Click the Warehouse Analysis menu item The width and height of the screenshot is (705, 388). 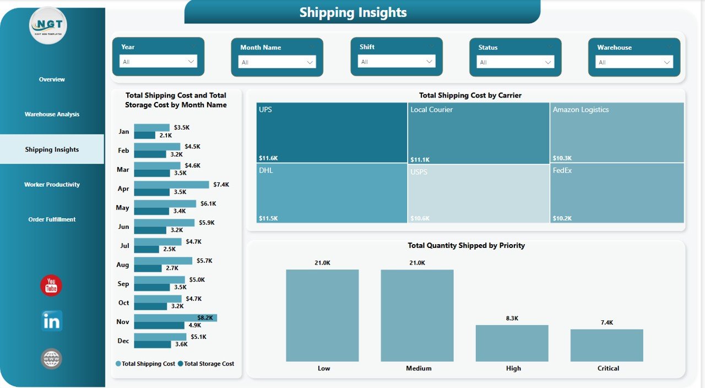click(52, 115)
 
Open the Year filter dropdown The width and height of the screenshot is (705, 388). click(158, 62)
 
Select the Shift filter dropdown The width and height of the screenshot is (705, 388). click(397, 62)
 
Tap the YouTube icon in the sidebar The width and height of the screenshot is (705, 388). click(51, 285)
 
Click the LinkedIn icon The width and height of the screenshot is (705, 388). click(52, 321)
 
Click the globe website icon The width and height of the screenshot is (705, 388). click(51, 359)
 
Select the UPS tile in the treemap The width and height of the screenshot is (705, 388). click(332, 132)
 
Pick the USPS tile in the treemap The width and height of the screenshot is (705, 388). click(479, 193)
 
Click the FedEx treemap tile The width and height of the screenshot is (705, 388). click(617, 193)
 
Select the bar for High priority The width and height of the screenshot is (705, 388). click(512, 343)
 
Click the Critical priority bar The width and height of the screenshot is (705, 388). click(607, 345)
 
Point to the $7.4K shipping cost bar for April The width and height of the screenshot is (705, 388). click(171, 185)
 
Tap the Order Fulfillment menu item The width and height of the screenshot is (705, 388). click(52, 219)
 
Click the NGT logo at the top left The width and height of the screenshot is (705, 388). click(49, 26)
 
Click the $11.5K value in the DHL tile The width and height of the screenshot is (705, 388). click(268, 218)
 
